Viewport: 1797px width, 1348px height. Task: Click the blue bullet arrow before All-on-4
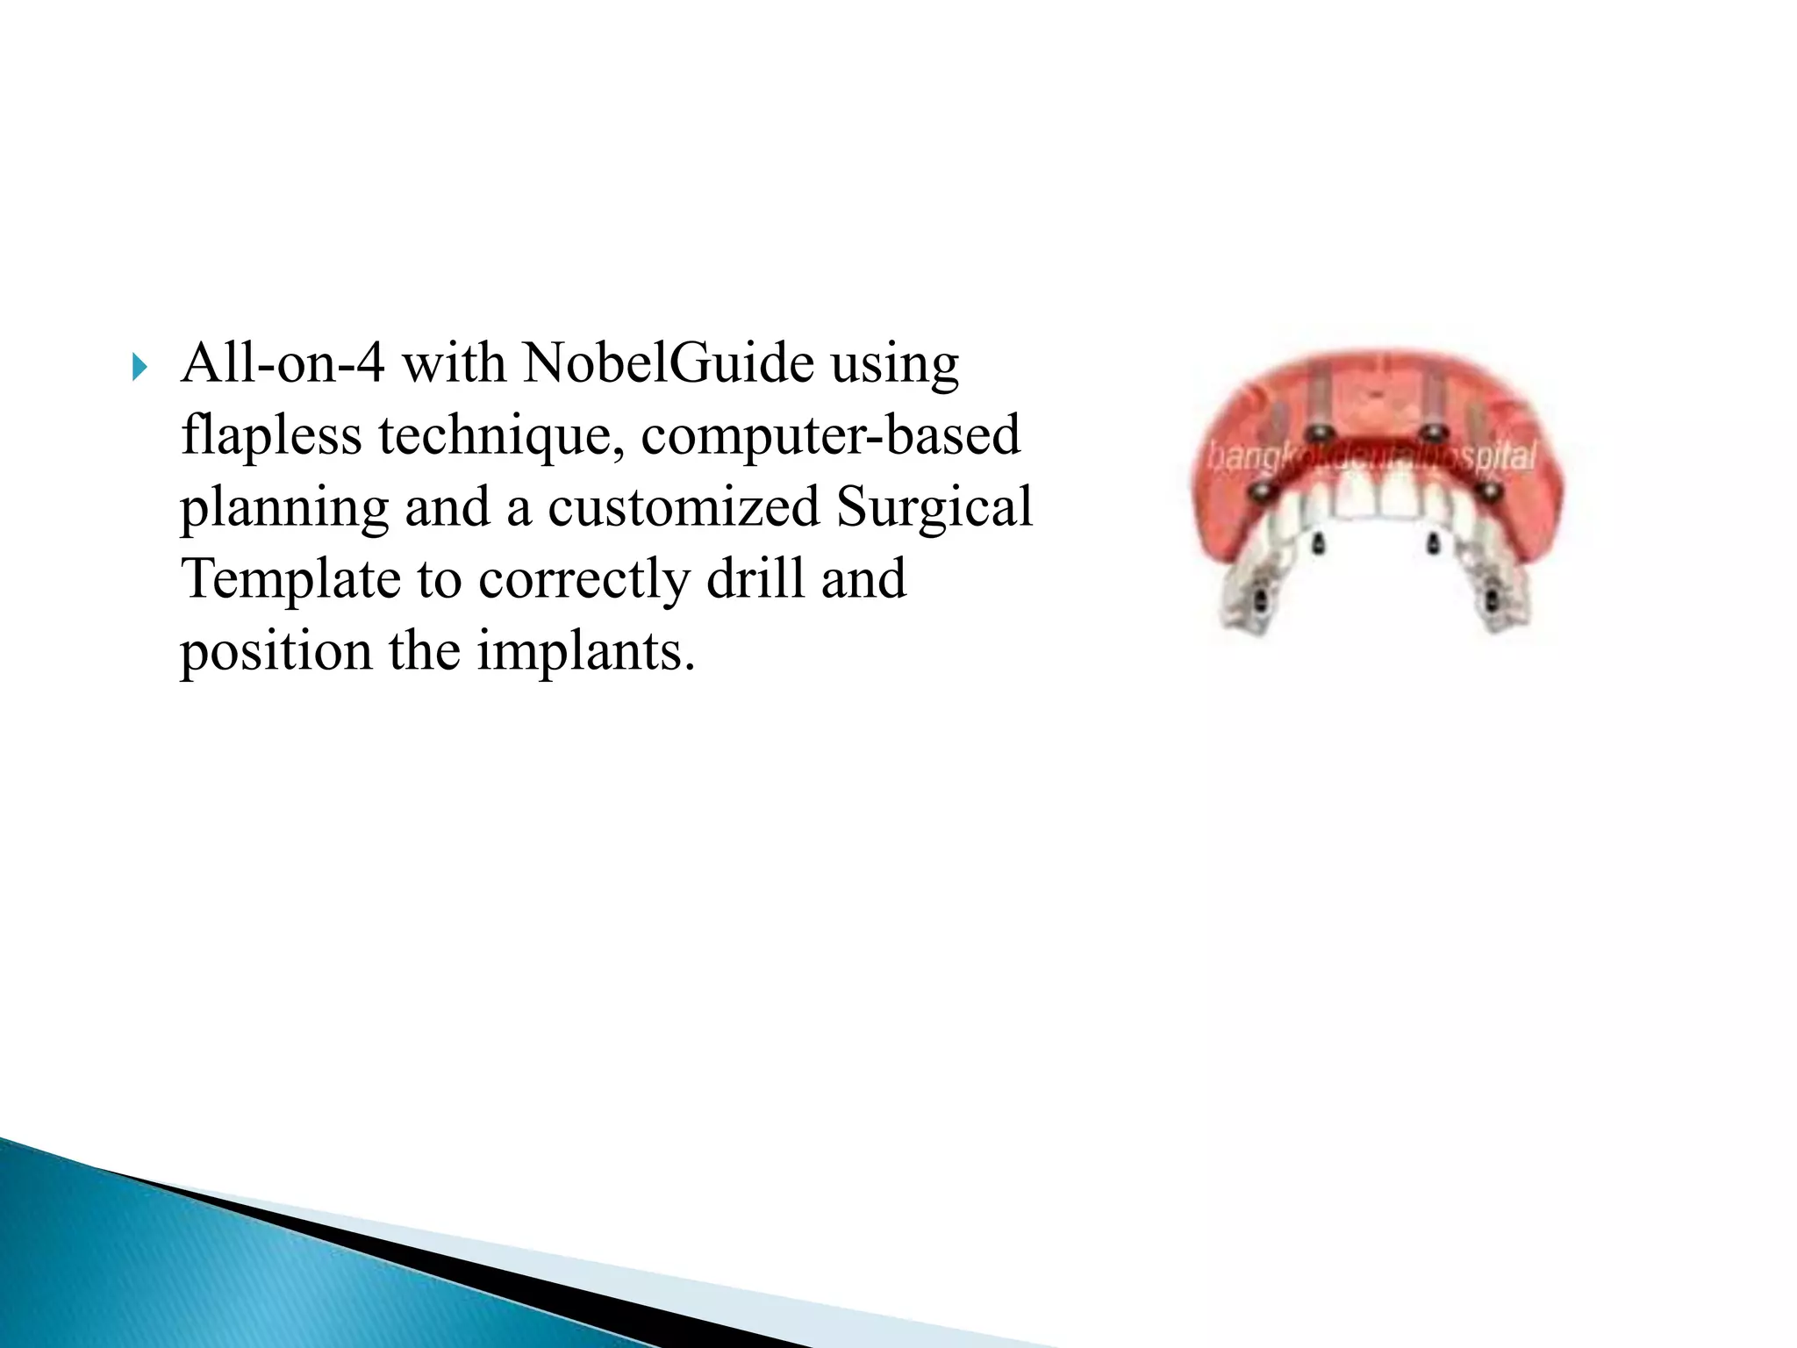(x=140, y=368)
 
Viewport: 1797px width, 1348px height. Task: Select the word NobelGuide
(x=668, y=363)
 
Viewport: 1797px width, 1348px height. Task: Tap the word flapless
(x=270, y=435)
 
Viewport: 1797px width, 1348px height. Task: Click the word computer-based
(x=830, y=435)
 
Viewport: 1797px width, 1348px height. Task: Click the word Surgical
(x=934, y=507)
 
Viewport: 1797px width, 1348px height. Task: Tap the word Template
(x=290, y=579)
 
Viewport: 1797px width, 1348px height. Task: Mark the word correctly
(x=583, y=579)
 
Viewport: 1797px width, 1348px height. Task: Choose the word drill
(x=755, y=579)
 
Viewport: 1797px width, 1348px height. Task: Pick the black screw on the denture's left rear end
(x=1258, y=602)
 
